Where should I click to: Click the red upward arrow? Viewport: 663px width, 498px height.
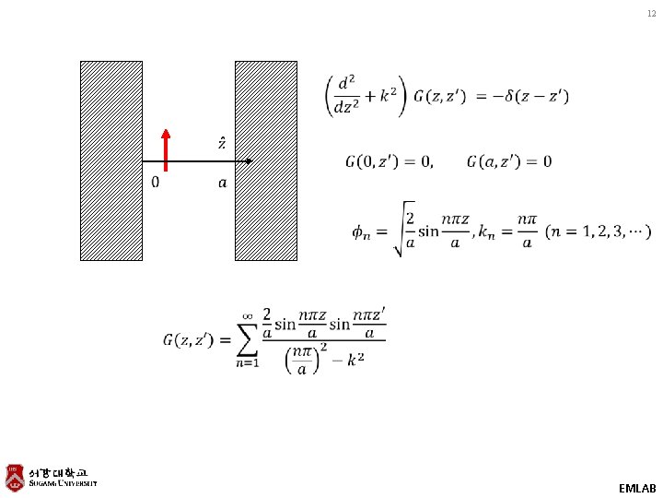pyautogui.click(x=167, y=149)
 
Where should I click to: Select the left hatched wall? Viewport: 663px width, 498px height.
pyautogui.click(x=111, y=161)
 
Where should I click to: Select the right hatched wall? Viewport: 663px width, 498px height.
pyautogui.click(x=266, y=161)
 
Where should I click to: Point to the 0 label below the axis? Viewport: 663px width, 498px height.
pyautogui.click(x=156, y=183)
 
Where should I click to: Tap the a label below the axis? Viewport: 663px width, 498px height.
pyautogui.click(x=221, y=183)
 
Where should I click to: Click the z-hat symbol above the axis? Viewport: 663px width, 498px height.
pyautogui.click(x=222, y=143)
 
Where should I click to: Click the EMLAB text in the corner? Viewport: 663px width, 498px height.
pyautogui.click(x=637, y=487)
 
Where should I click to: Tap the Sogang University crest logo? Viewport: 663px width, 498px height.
pyautogui.click(x=15, y=475)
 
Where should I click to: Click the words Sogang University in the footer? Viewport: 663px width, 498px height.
pyautogui.click(x=63, y=483)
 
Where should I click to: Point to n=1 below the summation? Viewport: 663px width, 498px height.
pyautogui.click(x=246, y=363)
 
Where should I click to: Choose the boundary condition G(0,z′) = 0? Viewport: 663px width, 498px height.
pyautogui.click(x=389, y=162)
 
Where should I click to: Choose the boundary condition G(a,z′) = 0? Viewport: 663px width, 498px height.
pyautogui.click(x=509, y=162)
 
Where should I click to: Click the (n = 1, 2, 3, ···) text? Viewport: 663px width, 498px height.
pyautogui.click(x=598, y=230)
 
